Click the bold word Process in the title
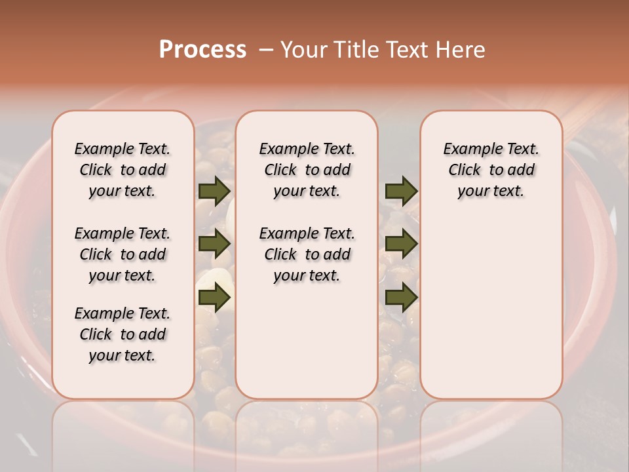[x=202, y=50]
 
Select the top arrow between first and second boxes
[x=214, y=191]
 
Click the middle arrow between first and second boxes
[x=214, y=245]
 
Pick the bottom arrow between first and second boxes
[x=214, y=298]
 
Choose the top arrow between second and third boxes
[x=401, y=191]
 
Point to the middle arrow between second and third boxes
[x=401, y=245]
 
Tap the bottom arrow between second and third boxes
[x=401, y=298]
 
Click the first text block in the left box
[x=123, y=170]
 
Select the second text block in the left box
[x=123, y=254]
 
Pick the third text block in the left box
[x=123, y=334]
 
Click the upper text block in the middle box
[x=307, y=170]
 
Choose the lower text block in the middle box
[x=307, y=254]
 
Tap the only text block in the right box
[x=491, y=170]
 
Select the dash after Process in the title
[x=265, y=50]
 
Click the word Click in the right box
[x=465, y=170]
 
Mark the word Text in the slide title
[x=408, y=50]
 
